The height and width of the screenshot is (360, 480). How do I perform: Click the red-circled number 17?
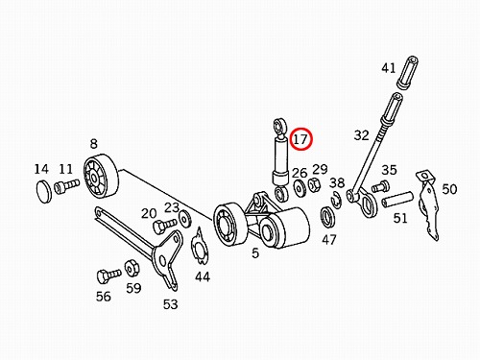[x=300, y=139]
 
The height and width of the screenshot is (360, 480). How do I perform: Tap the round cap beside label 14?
[x=44, y=191]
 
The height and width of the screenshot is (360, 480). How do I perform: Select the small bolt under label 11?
[x=66, y=186]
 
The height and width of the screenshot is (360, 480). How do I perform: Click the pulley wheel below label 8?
[x=101, y=177]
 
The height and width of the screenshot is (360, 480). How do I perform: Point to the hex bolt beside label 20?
[x=165, y=226]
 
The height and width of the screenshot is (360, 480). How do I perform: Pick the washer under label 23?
[x=185, y=218]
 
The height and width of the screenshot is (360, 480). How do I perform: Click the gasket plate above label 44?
[x=200, y=246]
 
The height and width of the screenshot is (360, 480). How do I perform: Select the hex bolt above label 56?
[x=108, y=276]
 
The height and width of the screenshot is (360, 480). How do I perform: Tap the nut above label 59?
[x=132, y=268]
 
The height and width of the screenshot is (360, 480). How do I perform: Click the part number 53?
[x=170, y=304]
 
